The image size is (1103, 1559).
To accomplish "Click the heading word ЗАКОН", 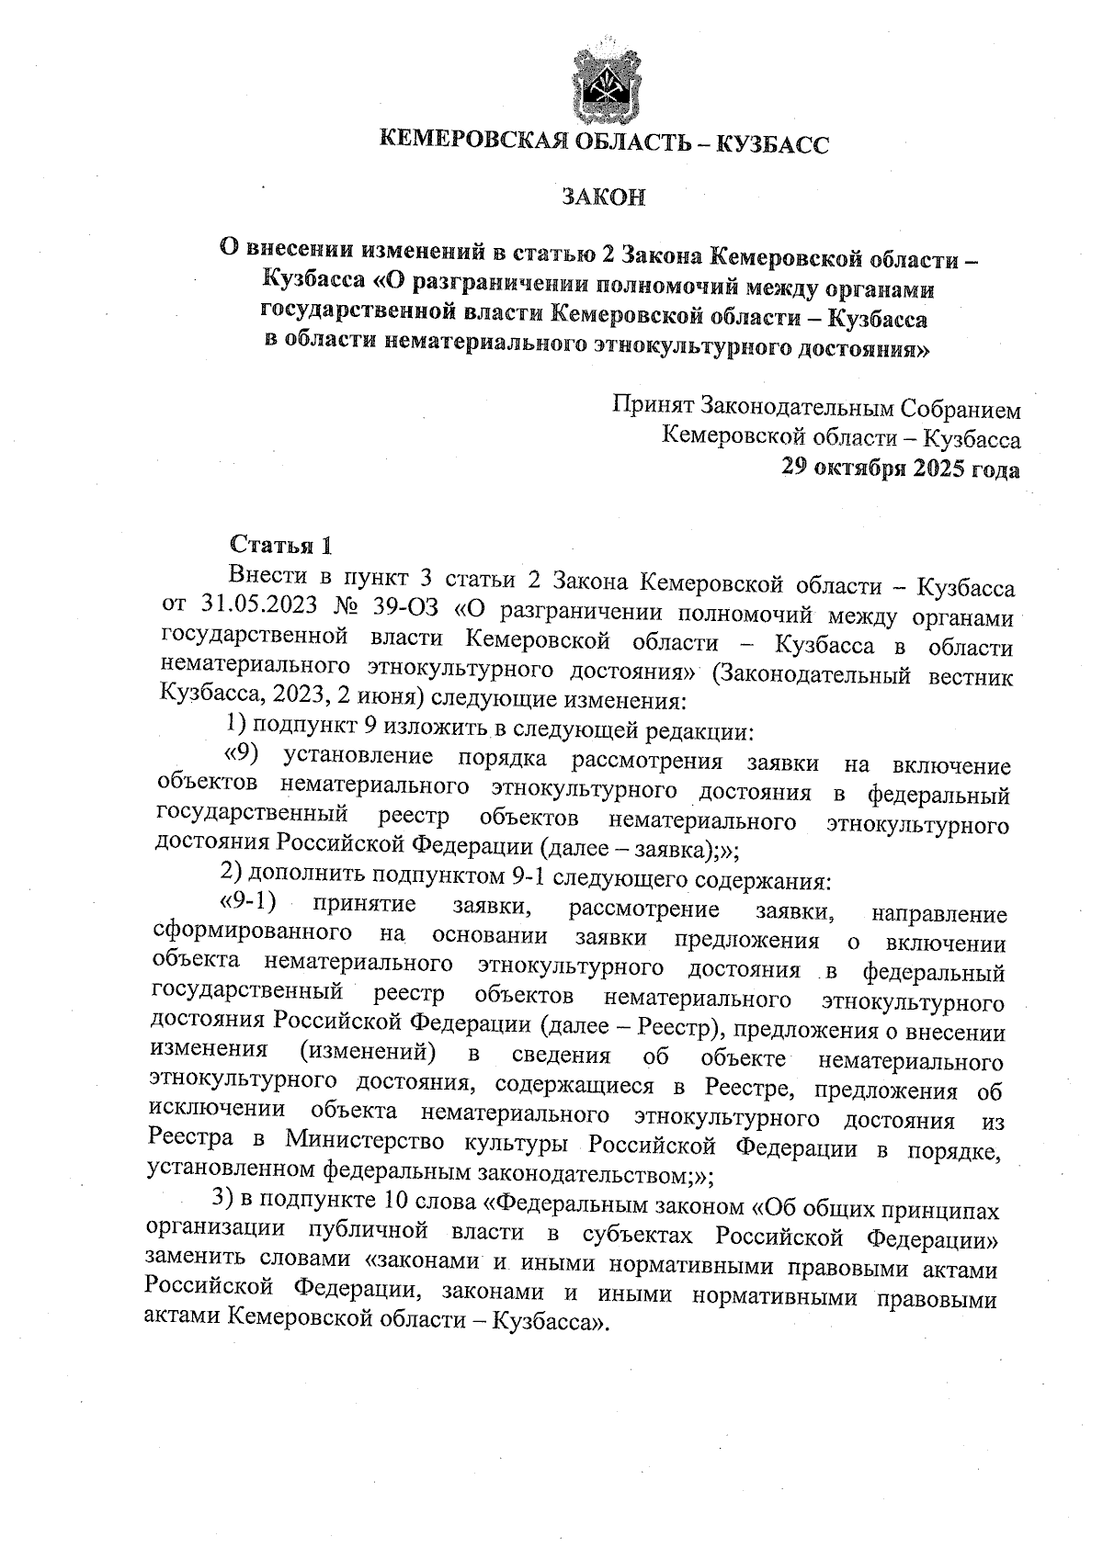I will tap(604, 198).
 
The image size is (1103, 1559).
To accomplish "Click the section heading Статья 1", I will tap(279, 545).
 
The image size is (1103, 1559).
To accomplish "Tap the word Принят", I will tap(653, 407).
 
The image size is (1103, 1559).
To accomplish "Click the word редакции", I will tap(705, 732).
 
